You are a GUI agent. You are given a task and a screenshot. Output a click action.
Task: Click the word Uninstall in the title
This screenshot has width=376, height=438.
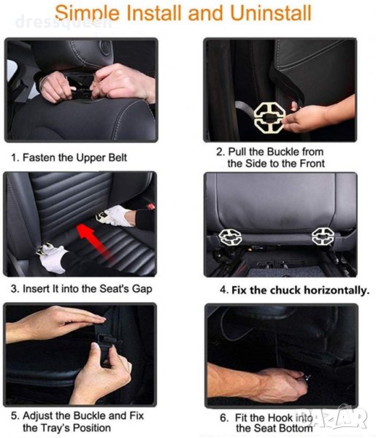pos(270,13)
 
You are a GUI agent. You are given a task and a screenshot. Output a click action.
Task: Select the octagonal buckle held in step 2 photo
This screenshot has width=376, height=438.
pos(269,118)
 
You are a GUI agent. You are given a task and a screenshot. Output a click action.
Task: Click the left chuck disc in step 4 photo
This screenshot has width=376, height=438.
pos(230,237)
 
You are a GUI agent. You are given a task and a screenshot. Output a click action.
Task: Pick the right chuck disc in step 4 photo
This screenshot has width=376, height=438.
pos(323,236)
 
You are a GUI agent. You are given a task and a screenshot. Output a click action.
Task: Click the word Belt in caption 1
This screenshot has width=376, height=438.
pos(118,158)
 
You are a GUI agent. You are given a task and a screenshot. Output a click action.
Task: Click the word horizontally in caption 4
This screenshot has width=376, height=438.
pos(337,291)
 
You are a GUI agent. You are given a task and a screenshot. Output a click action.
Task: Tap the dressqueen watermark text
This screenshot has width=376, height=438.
pos(63,23)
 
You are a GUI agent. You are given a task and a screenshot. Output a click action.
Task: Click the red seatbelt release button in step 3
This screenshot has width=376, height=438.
pos(151,207)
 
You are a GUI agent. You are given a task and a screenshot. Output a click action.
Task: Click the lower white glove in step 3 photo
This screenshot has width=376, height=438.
pos(52,257)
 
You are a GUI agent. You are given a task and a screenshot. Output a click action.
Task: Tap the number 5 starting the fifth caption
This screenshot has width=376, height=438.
pos(15,416)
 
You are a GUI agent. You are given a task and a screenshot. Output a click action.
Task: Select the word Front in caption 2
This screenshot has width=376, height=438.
pos(312,164)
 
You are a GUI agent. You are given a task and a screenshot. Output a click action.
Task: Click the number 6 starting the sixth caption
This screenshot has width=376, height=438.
pos(223,418)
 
